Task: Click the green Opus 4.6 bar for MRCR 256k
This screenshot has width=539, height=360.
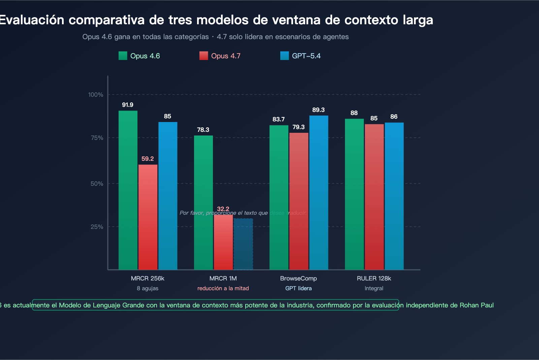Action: pos(128,190)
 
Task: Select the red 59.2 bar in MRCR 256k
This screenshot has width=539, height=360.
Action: pos(148,217)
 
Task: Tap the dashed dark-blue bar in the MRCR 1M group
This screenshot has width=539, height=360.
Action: pos(243,244)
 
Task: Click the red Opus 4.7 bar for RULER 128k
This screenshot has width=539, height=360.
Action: pos(374,197)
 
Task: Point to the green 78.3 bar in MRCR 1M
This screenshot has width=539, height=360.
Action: pos(203,203)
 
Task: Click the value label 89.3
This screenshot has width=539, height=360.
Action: pos(318,110)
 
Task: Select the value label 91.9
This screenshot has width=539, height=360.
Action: pos(128,105)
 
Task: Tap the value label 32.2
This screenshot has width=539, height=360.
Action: pos(223,209)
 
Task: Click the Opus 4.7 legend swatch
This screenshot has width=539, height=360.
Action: pos(203,56)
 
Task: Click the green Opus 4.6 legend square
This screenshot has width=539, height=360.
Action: pos(123,56)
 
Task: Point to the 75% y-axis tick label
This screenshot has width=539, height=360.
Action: pos(96,138)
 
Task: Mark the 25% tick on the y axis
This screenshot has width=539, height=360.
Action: pos(97,227)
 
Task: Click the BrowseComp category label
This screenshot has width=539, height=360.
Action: pos(298,278)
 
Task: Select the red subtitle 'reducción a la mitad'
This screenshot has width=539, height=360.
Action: pos(223,289)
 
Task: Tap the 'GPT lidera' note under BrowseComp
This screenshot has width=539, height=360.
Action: pos(298,289)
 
